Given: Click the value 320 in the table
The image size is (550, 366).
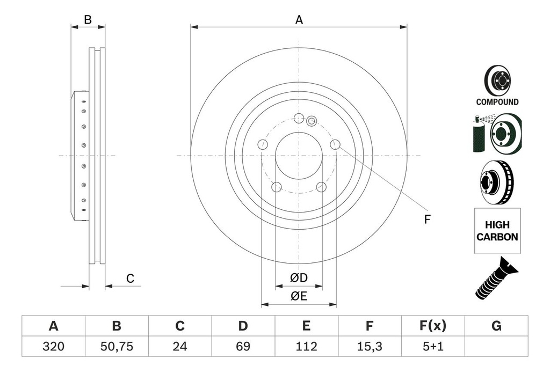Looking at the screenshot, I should (x=53, y=347).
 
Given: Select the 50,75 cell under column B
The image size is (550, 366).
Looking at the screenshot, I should (x=117, y=347).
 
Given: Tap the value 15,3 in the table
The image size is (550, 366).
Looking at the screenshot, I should (x=369, y=347).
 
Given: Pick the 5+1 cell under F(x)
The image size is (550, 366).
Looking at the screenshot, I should (x=432, y=347).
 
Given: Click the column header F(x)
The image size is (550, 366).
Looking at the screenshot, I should (x=432, y=326).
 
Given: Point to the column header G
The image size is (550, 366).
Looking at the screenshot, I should (x=496, y=326).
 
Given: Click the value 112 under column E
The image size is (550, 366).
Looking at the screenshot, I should (x=306, y=347).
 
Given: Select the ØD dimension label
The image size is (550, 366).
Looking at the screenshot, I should (x=299, y=278).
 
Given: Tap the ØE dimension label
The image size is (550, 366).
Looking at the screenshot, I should (x=299, y=296).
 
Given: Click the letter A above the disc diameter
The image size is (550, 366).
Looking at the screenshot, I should (x=299, y=20).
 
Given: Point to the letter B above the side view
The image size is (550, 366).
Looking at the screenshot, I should (x=88, y=20).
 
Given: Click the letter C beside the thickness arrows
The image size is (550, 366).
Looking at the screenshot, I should (x=129, y=279).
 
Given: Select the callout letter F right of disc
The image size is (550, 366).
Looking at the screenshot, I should (x=427, y=219).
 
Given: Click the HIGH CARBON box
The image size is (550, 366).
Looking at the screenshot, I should (x=497, y=231).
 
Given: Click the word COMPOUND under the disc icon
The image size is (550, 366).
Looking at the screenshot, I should (x=497, y=102).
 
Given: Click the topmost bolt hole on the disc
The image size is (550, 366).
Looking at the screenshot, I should (x=299, y=118).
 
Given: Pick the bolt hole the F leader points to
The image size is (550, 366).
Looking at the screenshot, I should (x=335, y=144).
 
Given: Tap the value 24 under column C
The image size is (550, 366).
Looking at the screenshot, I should (x=180, y=347).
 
